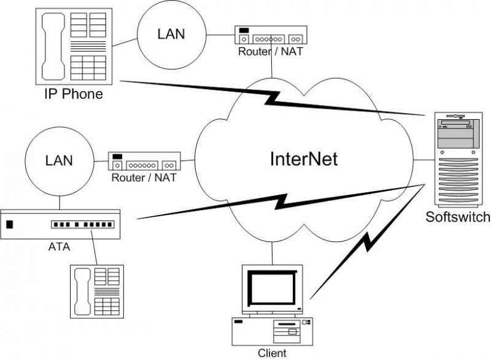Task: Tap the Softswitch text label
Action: [458, 216]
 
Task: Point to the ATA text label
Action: [60, 248]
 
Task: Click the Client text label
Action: [272, 353]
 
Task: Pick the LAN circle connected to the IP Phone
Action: [171, 33]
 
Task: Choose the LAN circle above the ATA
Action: [59, 162]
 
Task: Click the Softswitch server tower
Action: [458, 160]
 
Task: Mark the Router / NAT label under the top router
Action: [270, 52]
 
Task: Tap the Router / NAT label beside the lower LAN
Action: [144, 179]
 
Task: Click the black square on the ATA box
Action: [9, 224]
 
